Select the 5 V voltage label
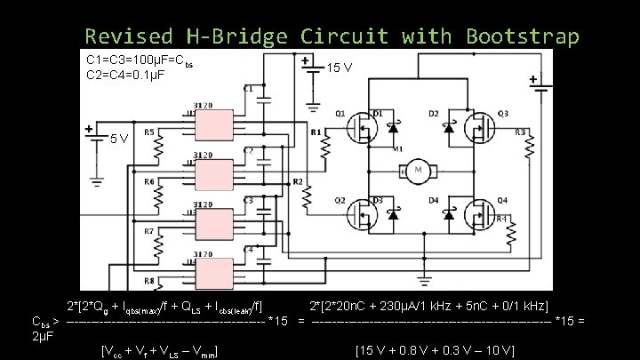[120, 139]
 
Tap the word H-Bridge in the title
[236, 36]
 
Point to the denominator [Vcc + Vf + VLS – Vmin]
[161, 350]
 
